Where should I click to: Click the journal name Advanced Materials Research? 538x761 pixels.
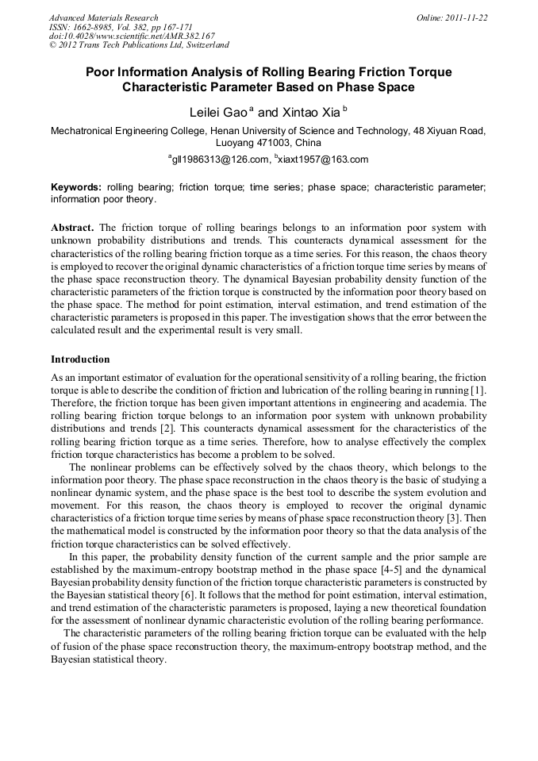[103, 17]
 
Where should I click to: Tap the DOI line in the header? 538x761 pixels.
[132, 36]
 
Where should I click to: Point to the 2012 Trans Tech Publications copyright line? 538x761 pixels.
[139, 45]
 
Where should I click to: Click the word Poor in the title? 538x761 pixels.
[102, 72]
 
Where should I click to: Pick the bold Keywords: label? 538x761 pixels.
[76, 187]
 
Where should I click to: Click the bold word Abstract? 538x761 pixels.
[72, 227]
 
